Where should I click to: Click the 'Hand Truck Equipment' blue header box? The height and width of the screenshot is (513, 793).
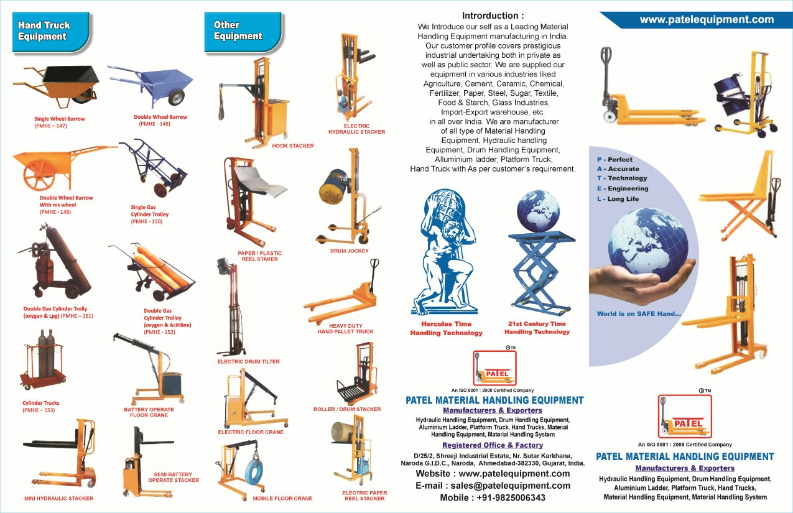[51, 32]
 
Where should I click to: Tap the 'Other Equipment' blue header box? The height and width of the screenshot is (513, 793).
[243, 32]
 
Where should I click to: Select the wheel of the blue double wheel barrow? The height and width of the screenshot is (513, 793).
[176, 97]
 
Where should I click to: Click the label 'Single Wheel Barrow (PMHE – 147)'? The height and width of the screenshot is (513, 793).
[59, 122]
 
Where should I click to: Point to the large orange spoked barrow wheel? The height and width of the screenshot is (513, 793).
[39, 175]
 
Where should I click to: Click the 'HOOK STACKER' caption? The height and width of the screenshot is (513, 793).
[293, 146]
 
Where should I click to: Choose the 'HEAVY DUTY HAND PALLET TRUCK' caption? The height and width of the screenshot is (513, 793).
[346, 328]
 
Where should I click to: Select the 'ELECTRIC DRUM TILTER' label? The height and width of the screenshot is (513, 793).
[249, 361]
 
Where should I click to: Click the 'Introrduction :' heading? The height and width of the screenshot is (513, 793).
[493, 16]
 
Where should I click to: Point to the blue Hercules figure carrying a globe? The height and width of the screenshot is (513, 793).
[443, 252]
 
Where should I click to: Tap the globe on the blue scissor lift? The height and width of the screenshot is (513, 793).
[538, 211]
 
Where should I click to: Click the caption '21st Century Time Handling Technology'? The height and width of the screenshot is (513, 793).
[537, 328]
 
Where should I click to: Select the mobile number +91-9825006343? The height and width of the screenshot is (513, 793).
[511, 497]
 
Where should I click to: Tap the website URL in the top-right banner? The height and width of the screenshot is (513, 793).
[707, 19]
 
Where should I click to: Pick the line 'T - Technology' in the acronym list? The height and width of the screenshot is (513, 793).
[622, 178]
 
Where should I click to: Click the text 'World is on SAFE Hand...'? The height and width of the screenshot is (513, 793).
[639, 313]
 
